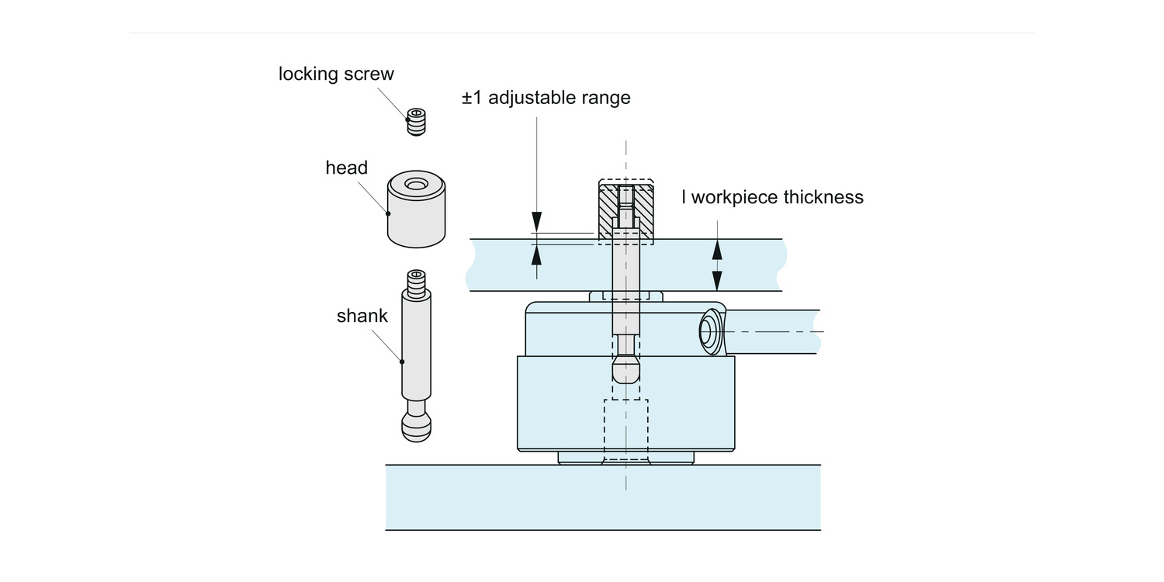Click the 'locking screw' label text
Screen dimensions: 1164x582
pos(336,74)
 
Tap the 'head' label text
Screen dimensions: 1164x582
pos(347,168)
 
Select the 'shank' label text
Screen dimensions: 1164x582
pos(362,315)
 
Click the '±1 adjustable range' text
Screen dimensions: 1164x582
pos(546,98)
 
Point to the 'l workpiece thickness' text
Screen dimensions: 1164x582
pos(772,197)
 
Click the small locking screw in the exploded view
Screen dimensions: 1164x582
pos(416,122)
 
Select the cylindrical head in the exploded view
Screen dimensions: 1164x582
pos(416,209)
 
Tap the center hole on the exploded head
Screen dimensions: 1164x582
pos(415,185)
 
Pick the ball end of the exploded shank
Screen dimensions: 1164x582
pos(416,427)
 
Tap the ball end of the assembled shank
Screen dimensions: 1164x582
pos(626,369)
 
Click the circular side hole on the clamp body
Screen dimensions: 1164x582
pos(706,331)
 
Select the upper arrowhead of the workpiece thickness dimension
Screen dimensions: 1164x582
pos(717,250)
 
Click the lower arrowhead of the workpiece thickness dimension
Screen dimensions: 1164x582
pos(717,281)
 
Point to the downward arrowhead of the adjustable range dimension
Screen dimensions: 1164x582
pos(537,222)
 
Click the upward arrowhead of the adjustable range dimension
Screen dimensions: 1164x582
pos(537,255)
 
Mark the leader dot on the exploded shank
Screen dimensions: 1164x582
pos(402,362)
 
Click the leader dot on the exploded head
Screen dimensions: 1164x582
pos(388,213)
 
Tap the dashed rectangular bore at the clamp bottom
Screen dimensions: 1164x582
pos(626,429)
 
